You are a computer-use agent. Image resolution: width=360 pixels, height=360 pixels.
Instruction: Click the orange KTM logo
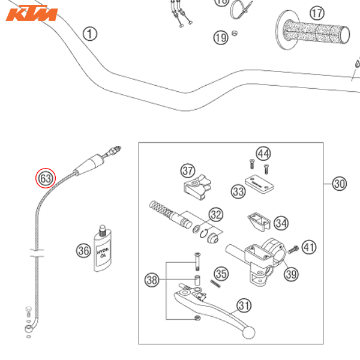tap(31, 14)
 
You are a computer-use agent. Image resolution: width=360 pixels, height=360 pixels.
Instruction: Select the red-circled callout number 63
tap(46, 178)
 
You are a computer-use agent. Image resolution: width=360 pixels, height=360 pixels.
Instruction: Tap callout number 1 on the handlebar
tap(90, 34)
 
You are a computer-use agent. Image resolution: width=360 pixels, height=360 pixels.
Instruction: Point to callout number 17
tap(317, 12)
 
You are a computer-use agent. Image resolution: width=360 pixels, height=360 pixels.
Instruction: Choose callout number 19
tap(221, 38)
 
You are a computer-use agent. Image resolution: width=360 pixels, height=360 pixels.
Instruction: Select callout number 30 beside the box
tap(339, 184)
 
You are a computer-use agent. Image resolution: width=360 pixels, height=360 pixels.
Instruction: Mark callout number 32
tap(215, 214)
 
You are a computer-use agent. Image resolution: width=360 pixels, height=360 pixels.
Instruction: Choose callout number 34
tap(281, 223)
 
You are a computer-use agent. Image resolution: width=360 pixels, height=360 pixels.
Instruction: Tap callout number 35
tap(221, 274)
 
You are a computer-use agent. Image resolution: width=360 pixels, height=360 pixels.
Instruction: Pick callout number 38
tap(152, 279)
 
